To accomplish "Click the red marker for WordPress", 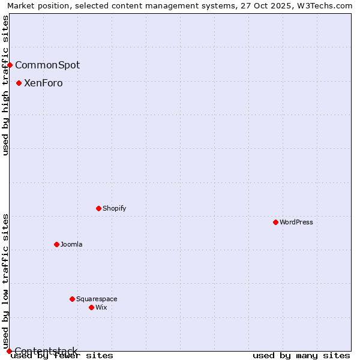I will [275, 222].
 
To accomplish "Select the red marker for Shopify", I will [98, 208].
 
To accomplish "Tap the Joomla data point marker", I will [56, 244].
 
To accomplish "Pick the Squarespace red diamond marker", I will [72, 299].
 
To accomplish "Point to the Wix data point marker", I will [91, 307].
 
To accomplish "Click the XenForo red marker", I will [19, 83].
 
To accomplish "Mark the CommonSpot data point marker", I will [10, 65].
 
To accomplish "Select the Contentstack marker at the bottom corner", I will [9, 351].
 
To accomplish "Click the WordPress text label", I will [296, 222].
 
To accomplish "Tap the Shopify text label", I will [114, 208].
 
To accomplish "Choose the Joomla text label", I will [71, 244].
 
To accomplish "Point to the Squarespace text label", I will [97, 299].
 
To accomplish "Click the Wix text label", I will [101, 307].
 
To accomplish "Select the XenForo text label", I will [43, 83].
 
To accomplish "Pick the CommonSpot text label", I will [47, 65].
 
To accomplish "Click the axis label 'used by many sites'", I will [301, 356].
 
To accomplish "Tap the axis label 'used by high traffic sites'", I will [5, 85].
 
